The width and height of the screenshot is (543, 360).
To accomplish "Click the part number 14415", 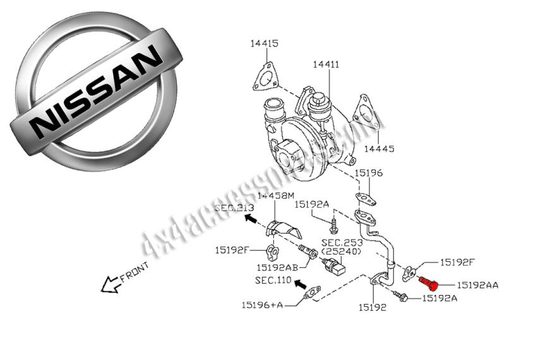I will pyautogui.click(x=264, y=44).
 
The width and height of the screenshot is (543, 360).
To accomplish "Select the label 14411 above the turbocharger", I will pyautogui.click(x=325, y=64).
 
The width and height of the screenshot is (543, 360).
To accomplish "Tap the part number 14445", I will pyautogui.click(x=379, y=149).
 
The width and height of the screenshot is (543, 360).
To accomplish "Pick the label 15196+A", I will pyautogui.click(x=261, y=305).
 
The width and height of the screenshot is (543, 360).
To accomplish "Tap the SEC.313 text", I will pyautogui.click(x=234, y=208).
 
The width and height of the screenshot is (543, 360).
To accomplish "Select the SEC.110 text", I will pyautogui.click(x=272, y=280).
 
